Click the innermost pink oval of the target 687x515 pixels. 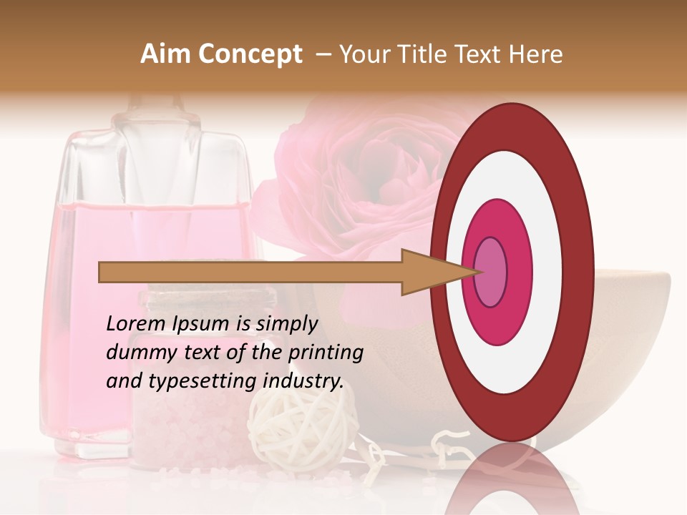[x=490, y=273]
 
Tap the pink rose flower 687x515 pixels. [x=358, y=172]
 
